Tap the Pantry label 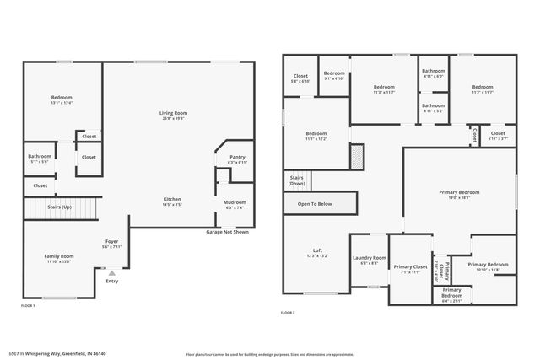[237, 159]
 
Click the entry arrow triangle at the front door [111, 272]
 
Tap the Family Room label [60, 258]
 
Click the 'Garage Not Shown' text [228, 232]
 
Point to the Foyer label [111, 244]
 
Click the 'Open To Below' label [314, 204]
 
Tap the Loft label [317, 252]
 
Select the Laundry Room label [369, 260]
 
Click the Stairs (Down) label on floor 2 [297, 180]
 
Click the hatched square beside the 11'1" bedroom [357, 156]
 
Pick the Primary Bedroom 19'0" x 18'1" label [459, 195]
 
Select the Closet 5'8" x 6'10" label [300, 78]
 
